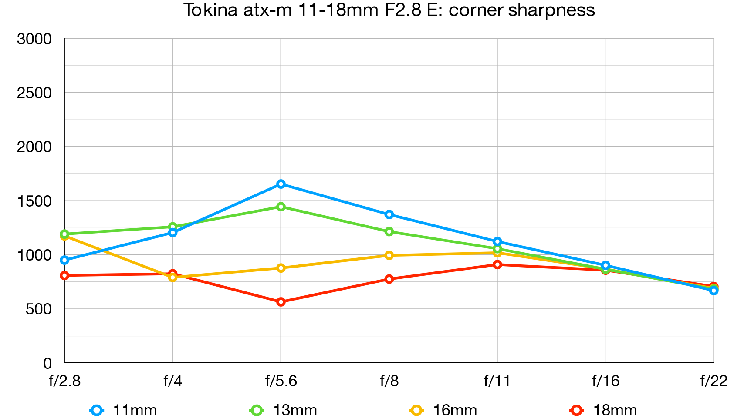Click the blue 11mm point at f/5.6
point(281,184)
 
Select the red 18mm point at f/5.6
point(281,302)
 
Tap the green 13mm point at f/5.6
point(281,207)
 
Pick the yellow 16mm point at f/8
point(389,255)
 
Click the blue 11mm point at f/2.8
point(65,260)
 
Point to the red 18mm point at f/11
point(497,264)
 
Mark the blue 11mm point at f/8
point(389,214)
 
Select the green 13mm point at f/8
point(389,231)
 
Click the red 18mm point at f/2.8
point(65,275)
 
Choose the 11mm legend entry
point(124,410)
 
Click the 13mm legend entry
point(284,410)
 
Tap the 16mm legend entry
point(444,410)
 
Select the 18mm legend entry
point(604,410)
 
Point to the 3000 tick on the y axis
point(34,39)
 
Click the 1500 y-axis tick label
point(34,201)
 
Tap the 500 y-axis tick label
point(38,309)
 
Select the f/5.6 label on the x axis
point(281,381)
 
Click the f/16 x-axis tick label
point(605,381)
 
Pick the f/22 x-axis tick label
point(714,381)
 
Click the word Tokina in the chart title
point(210,10)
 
